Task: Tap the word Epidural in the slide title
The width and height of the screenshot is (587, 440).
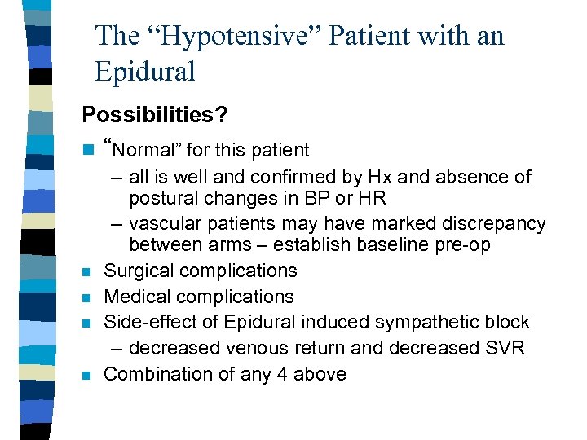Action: click(145, 73)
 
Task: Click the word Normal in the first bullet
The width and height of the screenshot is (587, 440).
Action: click(145, 150)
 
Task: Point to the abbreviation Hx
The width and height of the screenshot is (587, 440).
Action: click(380, 177)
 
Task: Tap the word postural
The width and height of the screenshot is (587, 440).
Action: click(163, 198)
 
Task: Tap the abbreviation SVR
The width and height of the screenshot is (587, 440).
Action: click(505, 348)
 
